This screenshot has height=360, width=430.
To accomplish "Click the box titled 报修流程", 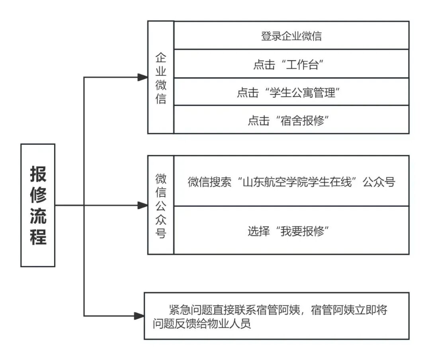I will [38, 205].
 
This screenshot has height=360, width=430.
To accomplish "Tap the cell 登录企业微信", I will [291, 36].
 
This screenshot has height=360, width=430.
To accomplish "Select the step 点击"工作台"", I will [291, 64].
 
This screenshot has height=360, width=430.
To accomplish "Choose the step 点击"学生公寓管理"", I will [291, 92].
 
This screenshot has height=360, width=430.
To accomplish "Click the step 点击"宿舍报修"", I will [291, 120].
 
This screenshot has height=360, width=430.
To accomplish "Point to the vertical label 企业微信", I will [161, 78].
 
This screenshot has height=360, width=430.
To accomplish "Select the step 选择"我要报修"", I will [291, 231].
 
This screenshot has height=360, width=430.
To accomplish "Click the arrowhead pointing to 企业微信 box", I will [143, 77].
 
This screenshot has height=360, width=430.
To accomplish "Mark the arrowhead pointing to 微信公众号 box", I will [143, 205].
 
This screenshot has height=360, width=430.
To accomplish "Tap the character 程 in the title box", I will [38, 237].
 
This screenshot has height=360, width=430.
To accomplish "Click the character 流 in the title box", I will [38, 216].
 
